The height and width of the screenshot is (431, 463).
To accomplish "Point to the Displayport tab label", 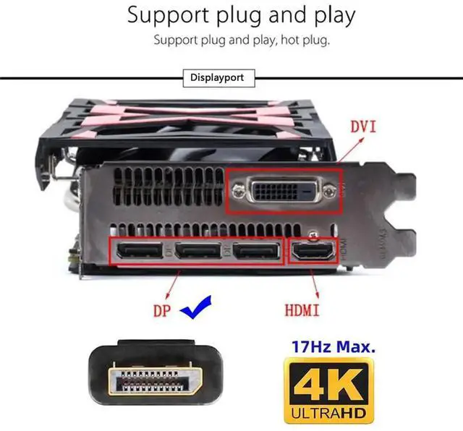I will [217, 77].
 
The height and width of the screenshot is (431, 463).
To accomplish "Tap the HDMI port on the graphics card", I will [313, 253].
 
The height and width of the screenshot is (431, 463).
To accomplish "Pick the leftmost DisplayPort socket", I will [137, 252].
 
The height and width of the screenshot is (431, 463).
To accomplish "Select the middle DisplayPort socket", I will [197, 252].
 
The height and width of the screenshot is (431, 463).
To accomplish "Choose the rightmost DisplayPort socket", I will [257, 252].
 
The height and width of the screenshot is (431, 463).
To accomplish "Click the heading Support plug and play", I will [241, 15].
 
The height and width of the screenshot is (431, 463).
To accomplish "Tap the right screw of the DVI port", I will [331, 191].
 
